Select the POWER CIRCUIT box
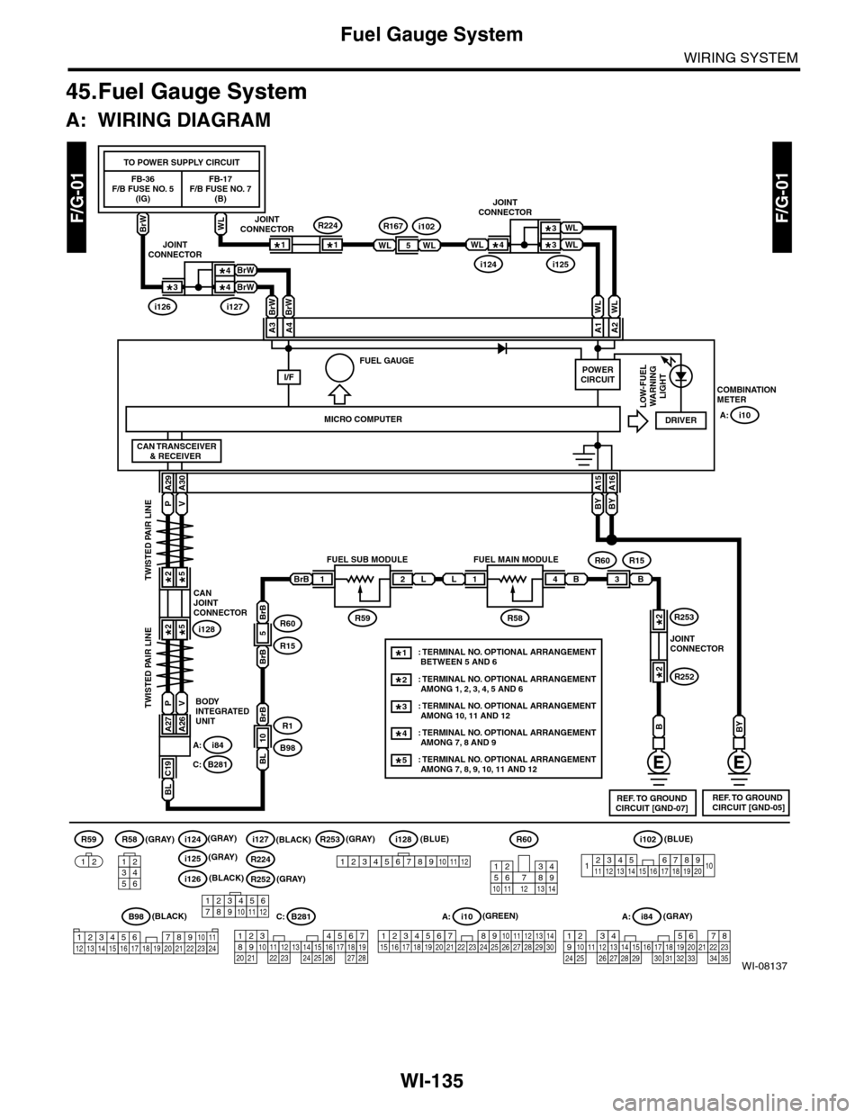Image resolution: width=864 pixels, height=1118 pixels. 598,374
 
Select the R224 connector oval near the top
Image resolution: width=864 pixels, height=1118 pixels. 330,225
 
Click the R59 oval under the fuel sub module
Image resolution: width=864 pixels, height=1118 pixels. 364,618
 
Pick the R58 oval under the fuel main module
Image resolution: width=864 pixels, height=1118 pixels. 515,618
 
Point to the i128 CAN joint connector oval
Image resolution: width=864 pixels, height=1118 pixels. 209,629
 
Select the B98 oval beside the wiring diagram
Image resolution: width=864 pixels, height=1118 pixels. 289,747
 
